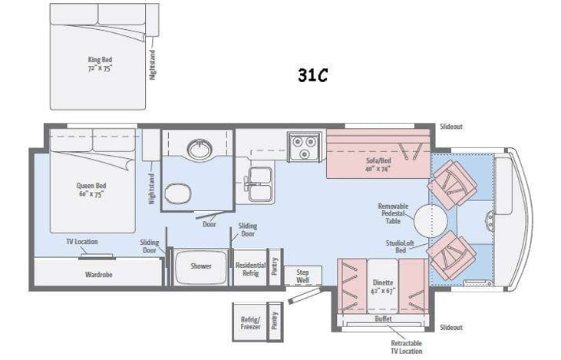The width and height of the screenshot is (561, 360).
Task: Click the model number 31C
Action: pyautogui.click(x=313, y=75)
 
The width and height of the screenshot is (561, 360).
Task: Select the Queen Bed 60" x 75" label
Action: pyautogui.click(x=90, y=190)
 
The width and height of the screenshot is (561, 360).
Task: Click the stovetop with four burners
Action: pyautogui.click(x=304, y=147)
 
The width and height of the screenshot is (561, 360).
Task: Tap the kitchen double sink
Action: pyautogui.click(x=259, y=184)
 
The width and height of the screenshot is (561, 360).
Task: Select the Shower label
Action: pyautogui.click(x=200, y=266)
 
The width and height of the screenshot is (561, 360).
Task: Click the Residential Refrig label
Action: pyautogui.click(x=249, y=269)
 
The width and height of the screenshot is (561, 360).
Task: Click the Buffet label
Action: pyautogui.click(x=382, y=318)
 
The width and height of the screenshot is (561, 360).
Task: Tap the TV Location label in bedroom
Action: pyautogui.click(x=81, y=242)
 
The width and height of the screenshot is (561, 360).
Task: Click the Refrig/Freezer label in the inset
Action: pyautogui.click(x=250, y=322)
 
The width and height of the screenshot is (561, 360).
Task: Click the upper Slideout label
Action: pyautogui.click(x=452, y=127)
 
